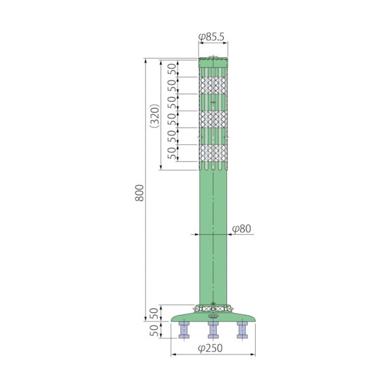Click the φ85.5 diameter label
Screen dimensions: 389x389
(211, 37)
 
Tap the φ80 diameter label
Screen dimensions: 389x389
(241, 229)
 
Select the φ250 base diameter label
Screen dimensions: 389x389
(210, 348)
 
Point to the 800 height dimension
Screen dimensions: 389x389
(139, 193)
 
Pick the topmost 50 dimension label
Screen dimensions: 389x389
(173, 69)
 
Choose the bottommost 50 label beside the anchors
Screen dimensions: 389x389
(154, 330)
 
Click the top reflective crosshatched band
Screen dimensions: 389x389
(213, 85)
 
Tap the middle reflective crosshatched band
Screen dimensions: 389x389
(213, 119)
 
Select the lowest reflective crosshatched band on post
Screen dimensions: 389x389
(213, 153)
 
